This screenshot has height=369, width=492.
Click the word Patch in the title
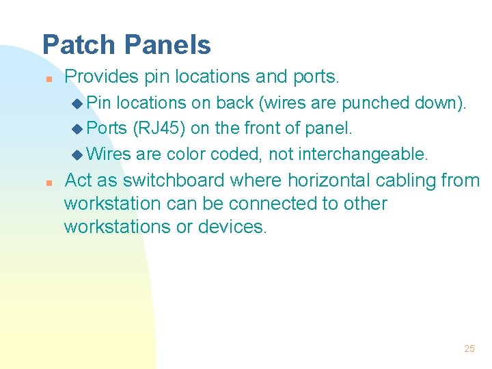pyautogui.click(x=79, y=45)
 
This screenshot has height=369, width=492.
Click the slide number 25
pyautogui.click(x=469, y=348)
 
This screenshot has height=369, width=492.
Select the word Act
pyautogui.click(x=78, y=180)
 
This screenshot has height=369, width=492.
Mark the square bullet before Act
pyautogui.click(x=47, y=182)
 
